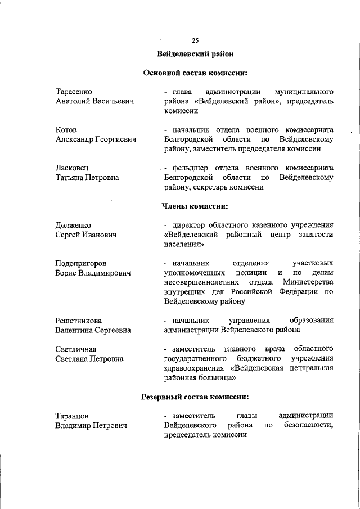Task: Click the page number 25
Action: (195, 40)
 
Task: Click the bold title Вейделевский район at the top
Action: (195, 55)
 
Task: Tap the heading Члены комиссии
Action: (195, 206)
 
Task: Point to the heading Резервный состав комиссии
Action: (195, 397)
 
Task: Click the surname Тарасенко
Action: (74, 92)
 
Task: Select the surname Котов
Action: (66, 130)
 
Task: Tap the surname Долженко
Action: (73, 226)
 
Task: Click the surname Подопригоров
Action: (82, 263)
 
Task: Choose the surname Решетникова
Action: (78, 321)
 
